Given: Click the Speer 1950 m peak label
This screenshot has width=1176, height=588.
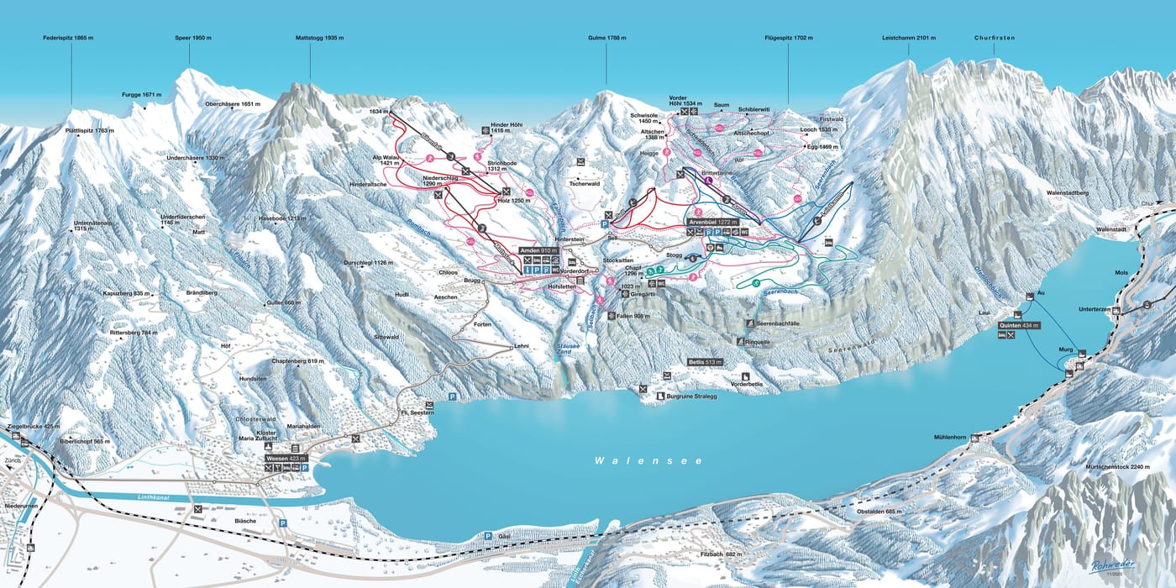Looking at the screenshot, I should point(189,39).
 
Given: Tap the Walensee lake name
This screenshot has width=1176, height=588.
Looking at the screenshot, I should point(648,461).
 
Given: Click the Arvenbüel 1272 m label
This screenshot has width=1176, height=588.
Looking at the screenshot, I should point(716,223).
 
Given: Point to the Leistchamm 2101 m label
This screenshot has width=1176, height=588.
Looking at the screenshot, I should point(909,39).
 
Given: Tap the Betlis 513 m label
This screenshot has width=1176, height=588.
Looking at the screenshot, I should point(706,362).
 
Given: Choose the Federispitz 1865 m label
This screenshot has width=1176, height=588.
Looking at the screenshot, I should point(71,39).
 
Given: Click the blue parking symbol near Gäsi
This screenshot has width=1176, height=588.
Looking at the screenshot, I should point(486,535).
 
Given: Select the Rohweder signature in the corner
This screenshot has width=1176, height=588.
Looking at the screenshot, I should point(1114,564).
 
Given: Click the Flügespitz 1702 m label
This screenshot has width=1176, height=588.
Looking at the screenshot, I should point(789,39).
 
